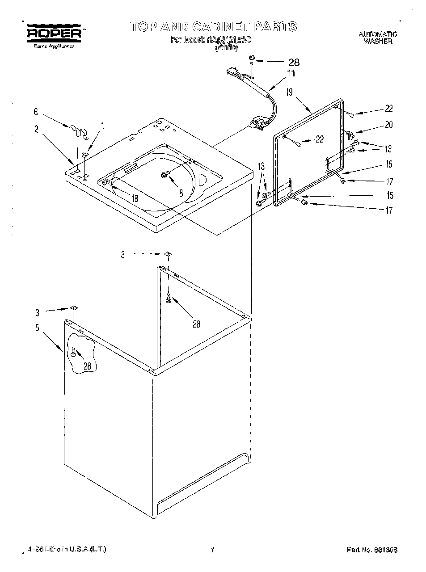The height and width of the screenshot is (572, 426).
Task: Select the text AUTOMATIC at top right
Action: [x=378, y=34]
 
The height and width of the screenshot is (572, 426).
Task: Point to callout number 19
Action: [x=289, y=92]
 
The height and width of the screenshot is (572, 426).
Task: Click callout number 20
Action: [x=388, y=125]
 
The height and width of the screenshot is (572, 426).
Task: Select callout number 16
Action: [x=388, y=164]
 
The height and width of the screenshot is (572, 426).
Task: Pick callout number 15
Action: [x=390, y=195]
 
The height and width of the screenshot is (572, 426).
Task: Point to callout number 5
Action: [x=37, y=328]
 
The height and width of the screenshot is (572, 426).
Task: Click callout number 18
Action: [x=134, y=198]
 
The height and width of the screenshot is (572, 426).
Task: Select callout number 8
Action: [x=181, y=193]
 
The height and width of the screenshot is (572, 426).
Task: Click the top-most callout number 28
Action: [x=293, y=62]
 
